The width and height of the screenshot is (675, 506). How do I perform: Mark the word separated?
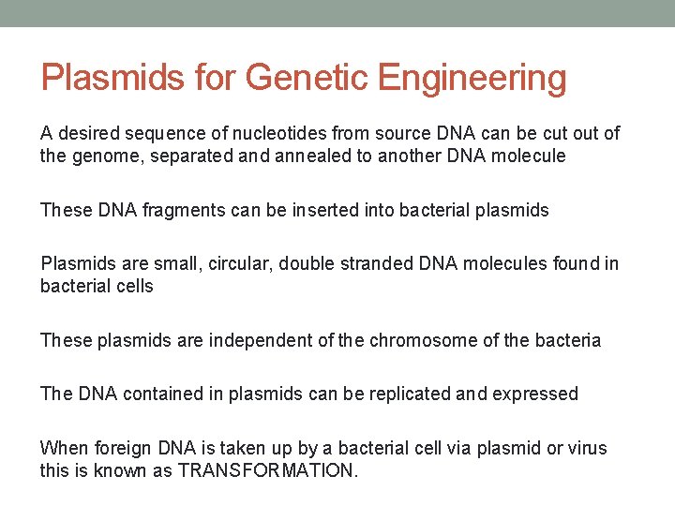tap(196, 156)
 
